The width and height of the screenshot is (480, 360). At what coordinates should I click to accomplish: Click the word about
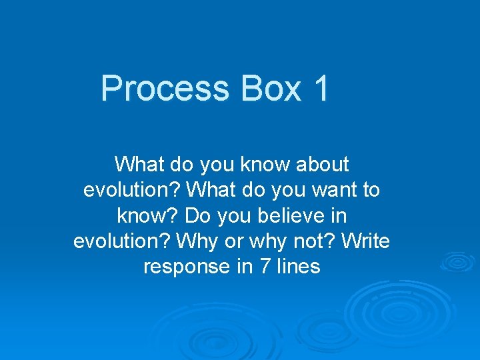[319, 164]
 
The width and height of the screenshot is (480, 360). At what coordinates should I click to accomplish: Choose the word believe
[290, 216]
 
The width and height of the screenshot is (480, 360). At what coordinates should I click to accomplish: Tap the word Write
[365, 241]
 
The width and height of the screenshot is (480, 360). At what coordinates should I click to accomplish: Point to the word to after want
[371, 190]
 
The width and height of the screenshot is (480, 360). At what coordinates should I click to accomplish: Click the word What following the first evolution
[211, 190]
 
